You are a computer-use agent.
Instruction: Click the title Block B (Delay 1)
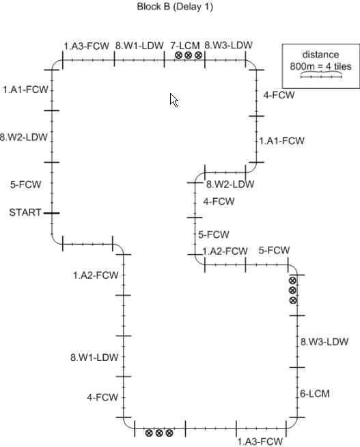(175, 7)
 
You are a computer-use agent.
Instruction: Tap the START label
(25, 213)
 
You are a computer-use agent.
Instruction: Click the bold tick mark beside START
(51, 213)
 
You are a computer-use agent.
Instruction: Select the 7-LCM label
(185, 46)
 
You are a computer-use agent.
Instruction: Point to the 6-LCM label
(315, 394)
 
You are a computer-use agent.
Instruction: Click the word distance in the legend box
(320, 55)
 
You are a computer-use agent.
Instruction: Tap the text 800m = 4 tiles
(320, 66)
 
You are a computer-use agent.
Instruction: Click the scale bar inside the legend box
(321, 76)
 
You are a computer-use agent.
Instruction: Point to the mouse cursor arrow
(174, 100)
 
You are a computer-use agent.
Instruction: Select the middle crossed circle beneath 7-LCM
(189, 55)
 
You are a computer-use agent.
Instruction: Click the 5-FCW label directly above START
(26, 185)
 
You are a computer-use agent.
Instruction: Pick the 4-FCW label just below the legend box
(279, 95)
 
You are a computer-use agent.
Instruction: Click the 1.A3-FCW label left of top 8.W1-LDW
(86, 46)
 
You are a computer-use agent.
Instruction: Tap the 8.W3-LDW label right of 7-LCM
(228, 45)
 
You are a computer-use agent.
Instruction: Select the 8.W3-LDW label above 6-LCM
(324, 342)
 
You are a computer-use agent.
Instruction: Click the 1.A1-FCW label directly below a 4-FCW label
(281, 141)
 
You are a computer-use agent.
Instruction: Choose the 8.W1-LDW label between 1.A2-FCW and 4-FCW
(94, 357)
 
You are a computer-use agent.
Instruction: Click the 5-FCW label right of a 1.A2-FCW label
(274, 250)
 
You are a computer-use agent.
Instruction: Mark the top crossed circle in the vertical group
(292, 281)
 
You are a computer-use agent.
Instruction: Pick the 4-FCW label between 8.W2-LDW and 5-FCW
(219, 202)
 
